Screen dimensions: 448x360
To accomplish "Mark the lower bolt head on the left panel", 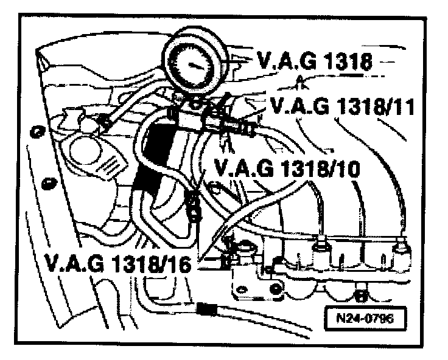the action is [45, 181].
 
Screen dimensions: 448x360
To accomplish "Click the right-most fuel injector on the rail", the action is [401, 247].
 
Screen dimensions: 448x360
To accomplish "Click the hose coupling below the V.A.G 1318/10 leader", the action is [193, 205].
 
